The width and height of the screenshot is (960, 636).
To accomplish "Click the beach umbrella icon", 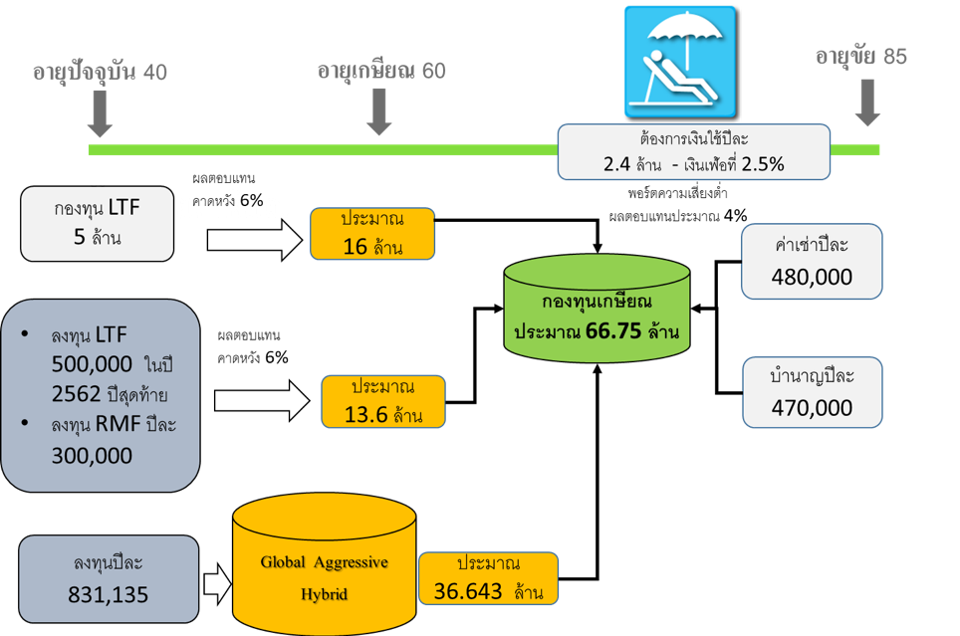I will [682, 62].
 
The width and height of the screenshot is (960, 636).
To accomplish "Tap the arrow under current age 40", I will [100, 114].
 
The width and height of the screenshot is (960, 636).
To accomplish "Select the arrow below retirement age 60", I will [379, 112].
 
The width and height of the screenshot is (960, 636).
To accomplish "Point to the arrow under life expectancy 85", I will [868, 103].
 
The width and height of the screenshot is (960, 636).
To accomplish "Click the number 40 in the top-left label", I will [155, 73].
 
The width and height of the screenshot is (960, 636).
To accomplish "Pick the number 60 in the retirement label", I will [433, 72].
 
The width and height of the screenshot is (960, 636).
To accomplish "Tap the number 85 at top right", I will [893, 57].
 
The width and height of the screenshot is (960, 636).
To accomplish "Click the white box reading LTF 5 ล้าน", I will [97, 225].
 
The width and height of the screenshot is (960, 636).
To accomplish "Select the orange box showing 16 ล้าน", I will [372, 233].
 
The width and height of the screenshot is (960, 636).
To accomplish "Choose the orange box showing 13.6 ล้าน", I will [382, 401].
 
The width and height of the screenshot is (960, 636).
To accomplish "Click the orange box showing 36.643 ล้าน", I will [488, 578].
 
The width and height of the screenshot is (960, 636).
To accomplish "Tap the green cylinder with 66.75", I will [597, 310].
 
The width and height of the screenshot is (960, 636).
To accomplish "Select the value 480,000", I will [812, 277].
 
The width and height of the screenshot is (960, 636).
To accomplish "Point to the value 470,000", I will [812, 407].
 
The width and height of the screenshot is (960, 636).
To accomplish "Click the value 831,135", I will [109, 594].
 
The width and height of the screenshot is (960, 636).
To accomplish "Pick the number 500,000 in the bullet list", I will [93, 364].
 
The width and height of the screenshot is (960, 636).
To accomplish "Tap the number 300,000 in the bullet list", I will [93, 455].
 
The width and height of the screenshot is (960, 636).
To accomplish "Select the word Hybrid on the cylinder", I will [324, 594].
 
